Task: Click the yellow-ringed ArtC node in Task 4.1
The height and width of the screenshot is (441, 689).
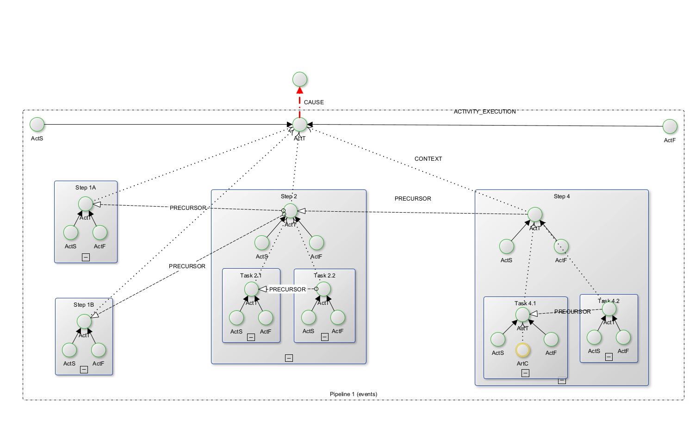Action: tap(522, 350)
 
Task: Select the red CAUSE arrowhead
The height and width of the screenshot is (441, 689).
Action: tap(299, 90)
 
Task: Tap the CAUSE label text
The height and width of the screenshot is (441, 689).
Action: tap(314, 102)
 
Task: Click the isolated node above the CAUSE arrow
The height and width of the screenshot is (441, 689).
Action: tap(299, 79)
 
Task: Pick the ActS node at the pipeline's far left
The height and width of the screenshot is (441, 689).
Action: tap(37, 124)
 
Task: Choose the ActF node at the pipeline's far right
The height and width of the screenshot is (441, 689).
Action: tap(670, 126)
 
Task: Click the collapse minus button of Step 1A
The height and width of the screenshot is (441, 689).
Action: tap(86, 257)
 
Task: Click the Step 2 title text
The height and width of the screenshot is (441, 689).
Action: tap(289, 196)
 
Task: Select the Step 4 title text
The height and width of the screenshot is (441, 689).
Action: tap(562, 196)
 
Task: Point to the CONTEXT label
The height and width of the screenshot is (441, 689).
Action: tap(428, 159)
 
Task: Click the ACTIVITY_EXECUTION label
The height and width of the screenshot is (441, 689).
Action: tap(484, 112)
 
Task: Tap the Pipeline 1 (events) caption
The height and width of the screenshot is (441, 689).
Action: tap(354, 394)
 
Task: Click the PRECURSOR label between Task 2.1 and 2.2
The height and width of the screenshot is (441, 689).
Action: tap(287, 290)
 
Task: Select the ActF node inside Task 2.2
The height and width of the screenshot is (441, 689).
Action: tap(338, 318)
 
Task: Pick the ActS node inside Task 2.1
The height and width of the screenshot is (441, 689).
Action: tap(236, 318)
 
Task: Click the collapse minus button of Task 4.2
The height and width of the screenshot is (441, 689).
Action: tap(609, 357)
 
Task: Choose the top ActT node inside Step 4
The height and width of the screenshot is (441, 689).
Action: tap(534, 214)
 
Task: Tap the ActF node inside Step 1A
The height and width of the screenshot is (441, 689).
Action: tap(99, 233)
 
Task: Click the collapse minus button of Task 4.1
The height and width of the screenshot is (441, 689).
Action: tap(525, 373)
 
